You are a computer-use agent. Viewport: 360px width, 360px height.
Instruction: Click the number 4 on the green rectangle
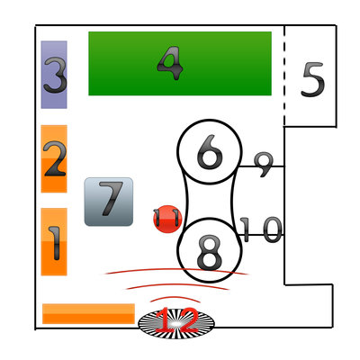(x=170, y=63)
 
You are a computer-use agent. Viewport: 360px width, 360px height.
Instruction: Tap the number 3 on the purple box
(x=55, y=75)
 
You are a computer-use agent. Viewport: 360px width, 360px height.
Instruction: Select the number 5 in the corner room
(x=313, y=79)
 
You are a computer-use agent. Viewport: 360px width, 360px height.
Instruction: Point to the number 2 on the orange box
(x=54, y=158)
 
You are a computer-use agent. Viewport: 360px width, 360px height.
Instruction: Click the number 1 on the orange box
(x=55, y=243)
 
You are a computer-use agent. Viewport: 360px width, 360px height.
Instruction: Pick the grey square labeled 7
(x=109, y=202)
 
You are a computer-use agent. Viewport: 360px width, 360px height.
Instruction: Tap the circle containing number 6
(x=210, y=151)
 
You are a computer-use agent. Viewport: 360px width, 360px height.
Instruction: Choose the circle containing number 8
(x=210, y=250)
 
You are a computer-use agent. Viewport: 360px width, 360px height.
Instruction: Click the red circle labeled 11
(x=167, y=219)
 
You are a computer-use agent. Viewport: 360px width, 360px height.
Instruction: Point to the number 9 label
(x=264, y=165)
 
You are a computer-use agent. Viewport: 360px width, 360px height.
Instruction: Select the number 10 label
(x=261, y=229)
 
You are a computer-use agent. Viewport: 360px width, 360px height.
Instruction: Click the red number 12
(x=177, y=320)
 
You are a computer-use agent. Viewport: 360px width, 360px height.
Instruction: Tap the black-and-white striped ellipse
(x=176, y=323)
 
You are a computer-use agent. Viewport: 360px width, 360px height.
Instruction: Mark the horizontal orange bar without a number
(x=88, y=313)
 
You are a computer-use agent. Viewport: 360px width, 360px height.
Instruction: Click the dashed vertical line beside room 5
(x=284, y=75)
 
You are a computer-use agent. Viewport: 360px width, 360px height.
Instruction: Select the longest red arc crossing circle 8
(x=177, y=269)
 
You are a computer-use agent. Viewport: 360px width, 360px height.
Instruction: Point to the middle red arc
(x=177, y=284)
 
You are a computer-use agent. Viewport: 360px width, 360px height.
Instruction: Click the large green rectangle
(x=180, y=64)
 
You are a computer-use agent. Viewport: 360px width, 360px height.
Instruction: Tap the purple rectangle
(x=54, y=75)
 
